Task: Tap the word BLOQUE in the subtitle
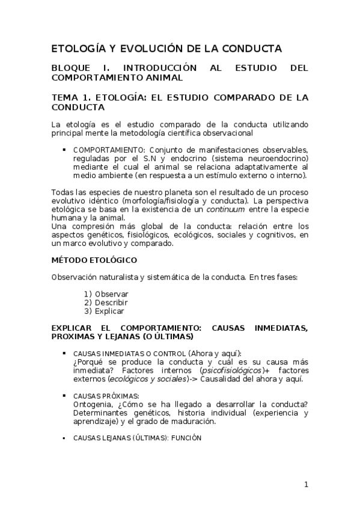pos(73,68)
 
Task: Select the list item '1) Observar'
pos(106,294)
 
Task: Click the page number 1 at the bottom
pos(305,485)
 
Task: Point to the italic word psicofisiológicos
pos(231,370)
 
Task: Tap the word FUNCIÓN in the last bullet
pos(186,438)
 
